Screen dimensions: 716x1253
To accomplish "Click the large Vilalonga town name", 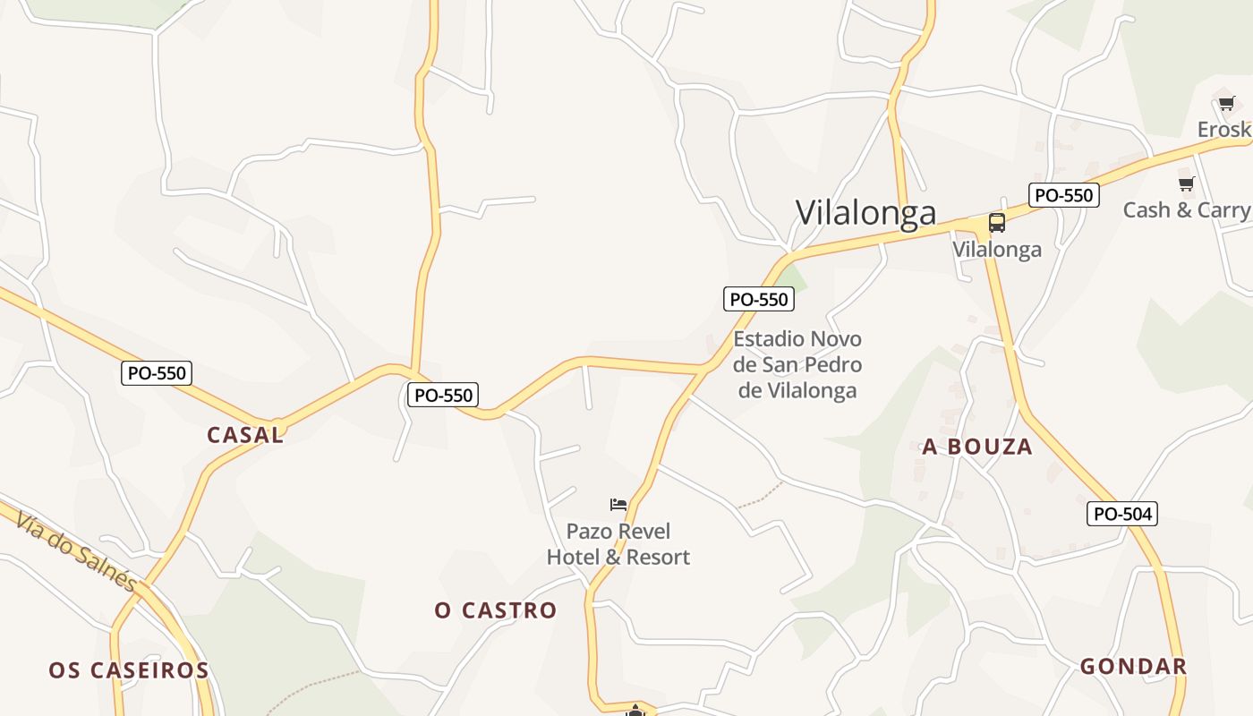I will click(x=865, y=212).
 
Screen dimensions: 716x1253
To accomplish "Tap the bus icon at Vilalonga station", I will click(x=996, y=223).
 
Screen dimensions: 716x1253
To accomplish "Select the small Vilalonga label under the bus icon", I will click(x=996, y=249).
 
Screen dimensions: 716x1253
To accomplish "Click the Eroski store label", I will click(x=1223, y=130).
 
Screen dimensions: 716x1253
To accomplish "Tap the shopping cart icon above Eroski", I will click(x=1226, y=103).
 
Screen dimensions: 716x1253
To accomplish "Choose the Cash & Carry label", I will click(x=1186, y=209).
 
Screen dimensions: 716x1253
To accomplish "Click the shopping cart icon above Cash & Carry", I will click(x=1186, y=183).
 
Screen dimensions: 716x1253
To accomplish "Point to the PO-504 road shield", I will click(x=1122, y=514).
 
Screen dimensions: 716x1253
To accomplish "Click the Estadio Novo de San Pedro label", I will click(x=797, y=364).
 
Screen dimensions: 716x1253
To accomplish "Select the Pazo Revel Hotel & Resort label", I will click(x=618, y=544).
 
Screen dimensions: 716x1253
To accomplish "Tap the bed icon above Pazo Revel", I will click(x=618, y=505).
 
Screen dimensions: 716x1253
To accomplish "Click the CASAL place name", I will click(x=245, y=435).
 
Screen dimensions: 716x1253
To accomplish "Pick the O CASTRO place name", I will click(x=496, y=610).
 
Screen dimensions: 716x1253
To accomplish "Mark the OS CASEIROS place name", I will click(x=129, y=669).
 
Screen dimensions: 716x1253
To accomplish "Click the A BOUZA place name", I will click(x=977, y=447).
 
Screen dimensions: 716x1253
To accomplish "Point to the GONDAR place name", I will click(x=1133, y=666).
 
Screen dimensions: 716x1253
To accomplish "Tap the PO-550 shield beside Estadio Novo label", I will click(x=759, y=299).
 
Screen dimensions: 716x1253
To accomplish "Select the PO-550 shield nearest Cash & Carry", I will click(x=1063, y=194).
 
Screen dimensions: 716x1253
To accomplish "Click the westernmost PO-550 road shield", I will click(x=157, y=373).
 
